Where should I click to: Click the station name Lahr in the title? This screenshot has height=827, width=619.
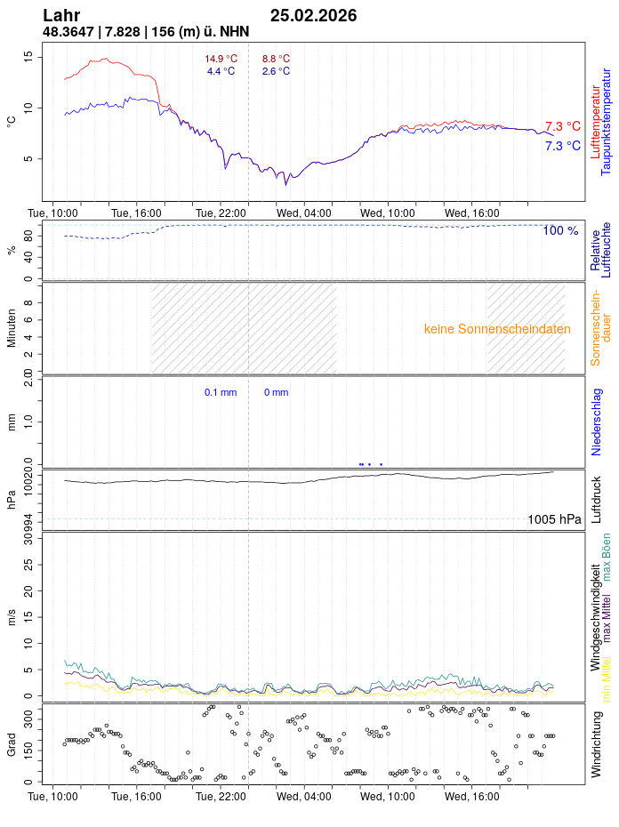click(x=61, y=15)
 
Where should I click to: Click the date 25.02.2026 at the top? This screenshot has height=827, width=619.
click(x=313, y=15)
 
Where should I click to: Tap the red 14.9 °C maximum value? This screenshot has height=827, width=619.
click(x=221, y=59)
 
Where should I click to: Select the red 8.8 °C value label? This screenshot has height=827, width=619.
click(x=276, y=59)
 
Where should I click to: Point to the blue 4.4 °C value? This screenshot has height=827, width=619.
click(x=221, y=71)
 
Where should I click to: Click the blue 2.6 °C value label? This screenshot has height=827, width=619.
click(x=276, y=71)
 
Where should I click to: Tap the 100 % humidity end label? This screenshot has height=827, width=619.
click(x=560, y=231)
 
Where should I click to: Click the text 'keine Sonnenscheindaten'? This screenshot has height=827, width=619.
click(x=497, y=329)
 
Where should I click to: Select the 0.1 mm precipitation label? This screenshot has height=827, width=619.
click(x=221, y=392)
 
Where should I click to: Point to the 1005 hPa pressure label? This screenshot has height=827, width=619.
click(x=554, y=519)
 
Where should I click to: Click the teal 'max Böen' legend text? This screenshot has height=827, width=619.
click(x=607, y=557)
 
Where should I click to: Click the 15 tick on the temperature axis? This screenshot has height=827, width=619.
click(x=28, y=56)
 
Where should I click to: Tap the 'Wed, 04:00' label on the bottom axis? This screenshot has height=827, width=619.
click(x=303, y=798)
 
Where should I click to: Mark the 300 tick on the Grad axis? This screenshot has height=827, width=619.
click(x=28, y=714)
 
